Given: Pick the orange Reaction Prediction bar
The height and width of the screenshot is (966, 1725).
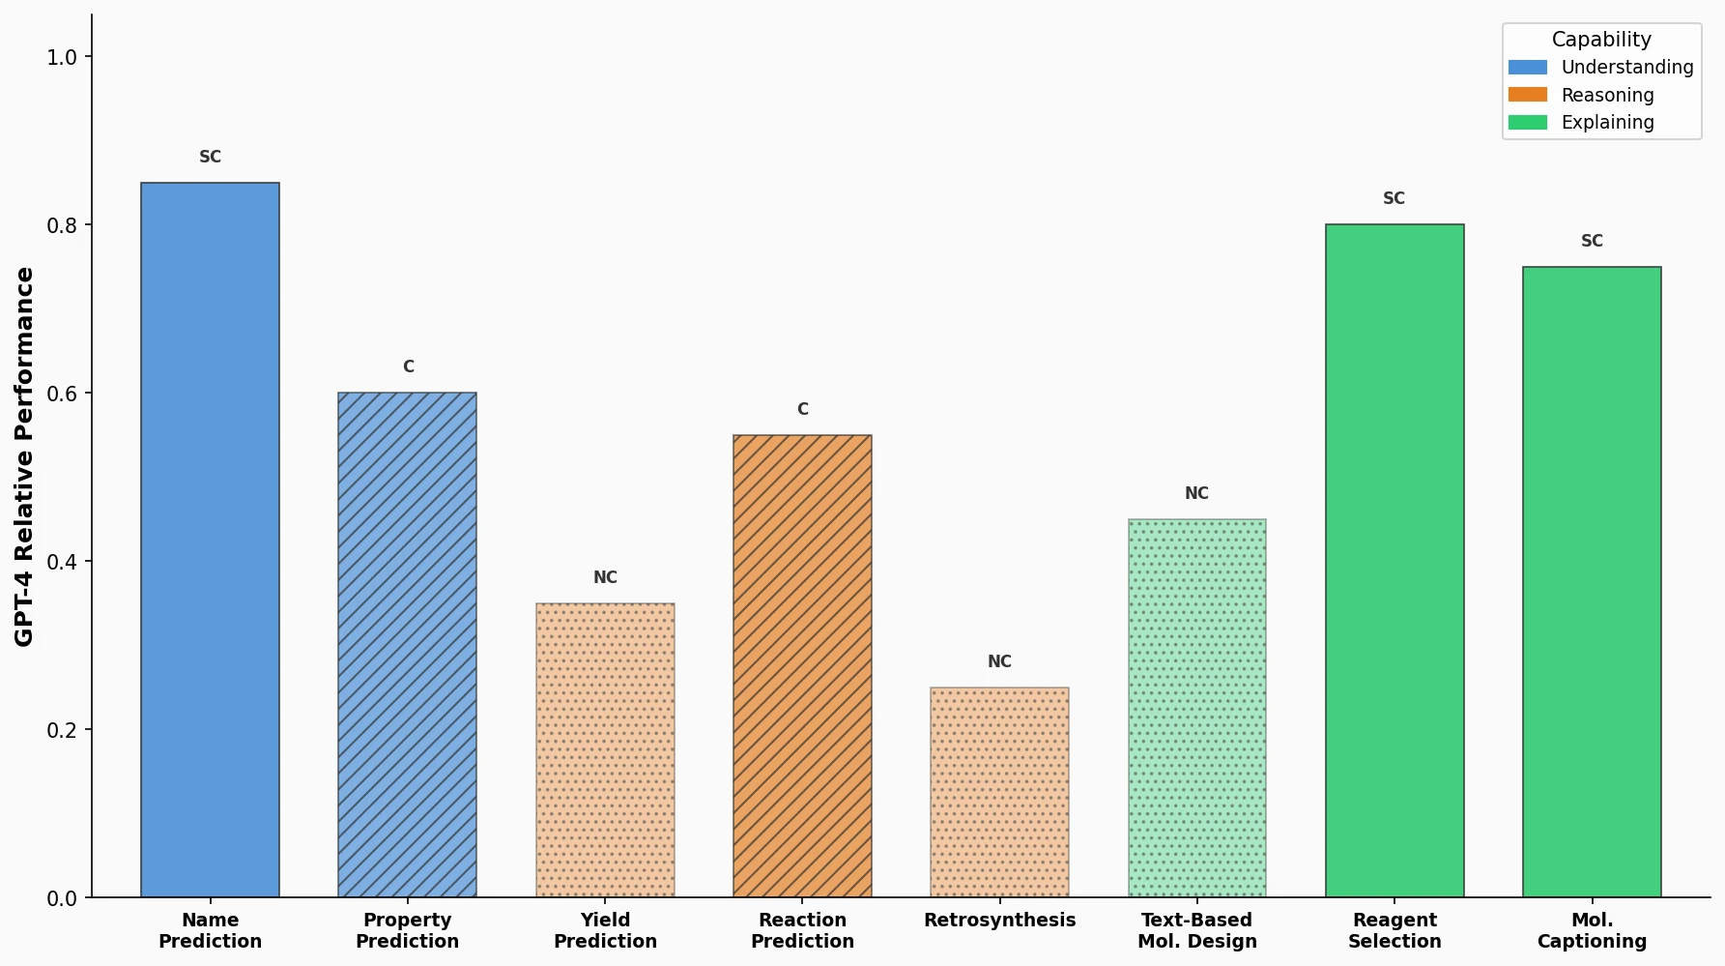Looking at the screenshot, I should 802,666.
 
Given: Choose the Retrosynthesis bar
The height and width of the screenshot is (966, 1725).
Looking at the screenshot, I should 999,793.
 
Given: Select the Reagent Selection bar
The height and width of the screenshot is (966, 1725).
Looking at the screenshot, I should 1394,561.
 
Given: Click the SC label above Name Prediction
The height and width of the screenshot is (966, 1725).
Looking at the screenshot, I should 210,157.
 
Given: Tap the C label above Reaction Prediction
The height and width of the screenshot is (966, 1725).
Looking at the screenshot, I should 802,409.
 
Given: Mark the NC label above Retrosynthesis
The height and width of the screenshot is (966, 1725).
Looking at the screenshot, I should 999,661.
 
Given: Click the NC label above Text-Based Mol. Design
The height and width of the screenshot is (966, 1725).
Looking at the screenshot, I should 1196,493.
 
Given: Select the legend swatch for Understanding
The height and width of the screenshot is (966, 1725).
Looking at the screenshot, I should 1527,68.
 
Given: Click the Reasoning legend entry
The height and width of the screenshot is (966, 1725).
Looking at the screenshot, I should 1607,95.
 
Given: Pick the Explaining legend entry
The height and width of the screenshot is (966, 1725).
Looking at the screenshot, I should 1607,123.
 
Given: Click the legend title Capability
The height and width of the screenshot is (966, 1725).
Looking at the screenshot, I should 1601,40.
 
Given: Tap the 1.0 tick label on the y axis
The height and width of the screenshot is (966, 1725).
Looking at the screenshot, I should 62,57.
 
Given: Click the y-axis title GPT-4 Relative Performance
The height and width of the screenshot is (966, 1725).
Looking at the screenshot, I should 24,456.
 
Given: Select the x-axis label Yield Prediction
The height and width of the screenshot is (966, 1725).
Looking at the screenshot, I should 605,930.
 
